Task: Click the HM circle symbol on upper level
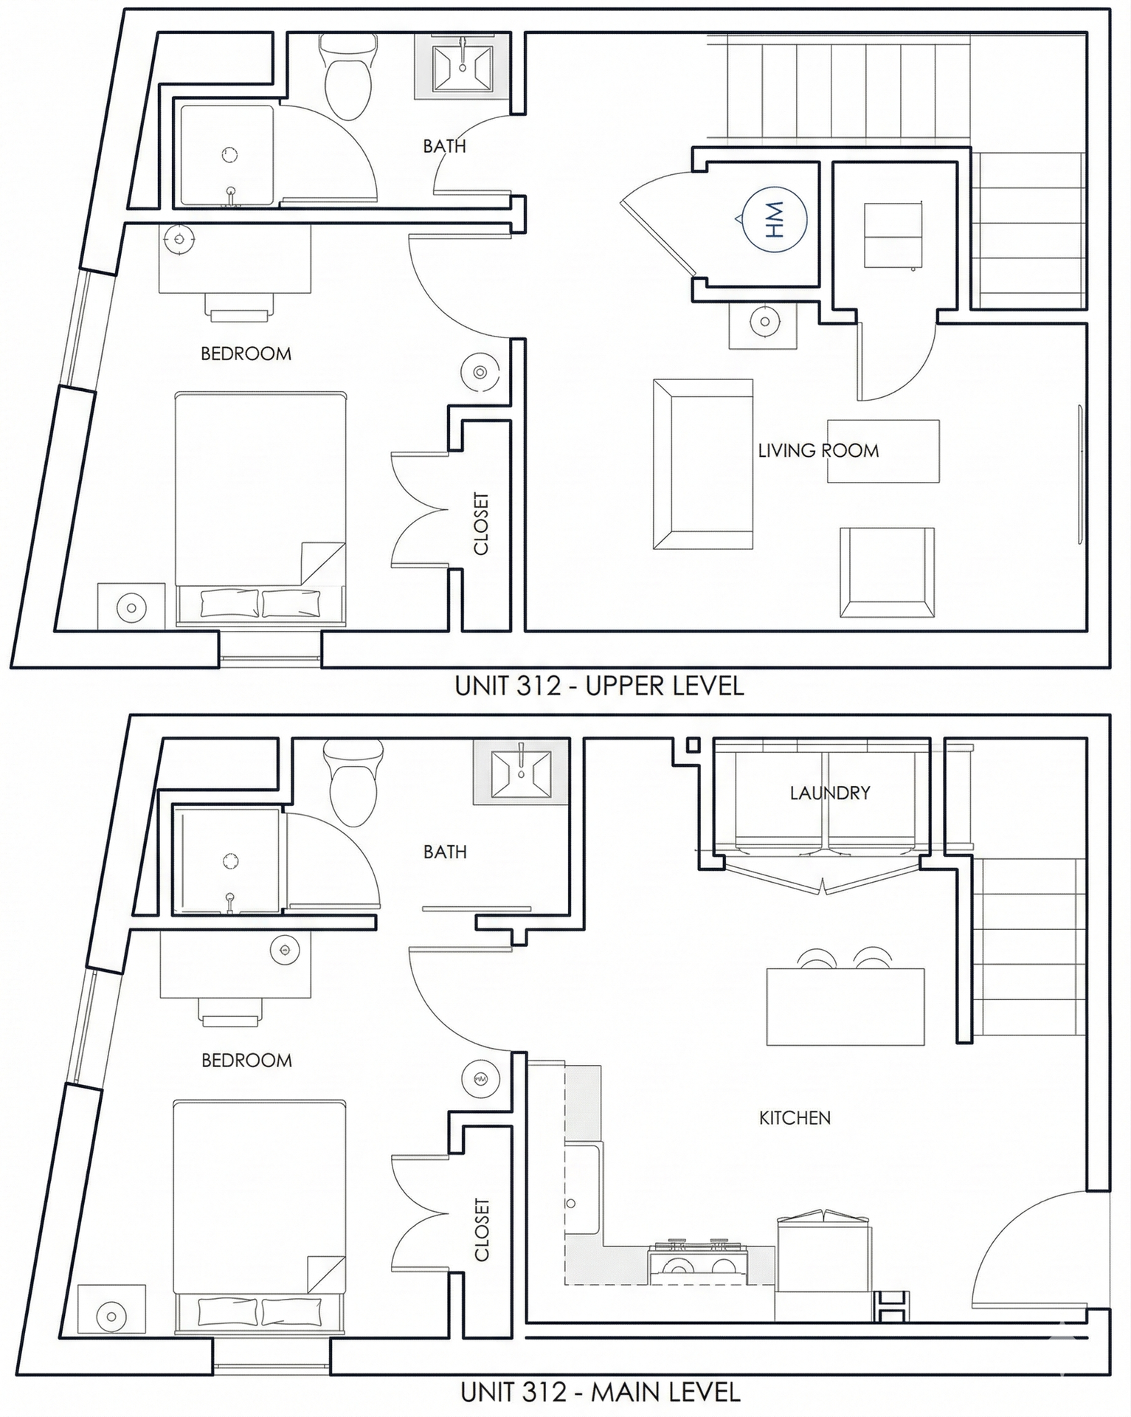coord(774,219)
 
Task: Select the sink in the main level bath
coord(521,775)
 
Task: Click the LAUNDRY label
coord(829,793)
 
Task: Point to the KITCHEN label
coord(795,1118)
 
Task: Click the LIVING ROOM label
coord(818,450)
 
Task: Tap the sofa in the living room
coord(702,464)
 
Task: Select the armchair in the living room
coord(887,572)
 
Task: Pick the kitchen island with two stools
coord(845,1006)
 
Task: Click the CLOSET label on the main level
coord(481,1230)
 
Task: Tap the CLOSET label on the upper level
coord(480,523)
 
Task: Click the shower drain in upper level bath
coord(229,155)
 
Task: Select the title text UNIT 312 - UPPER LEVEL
coord(599,686)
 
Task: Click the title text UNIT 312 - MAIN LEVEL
coord(600,1393)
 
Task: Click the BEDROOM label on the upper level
coord(246,354)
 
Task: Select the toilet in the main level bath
coord(353,784)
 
